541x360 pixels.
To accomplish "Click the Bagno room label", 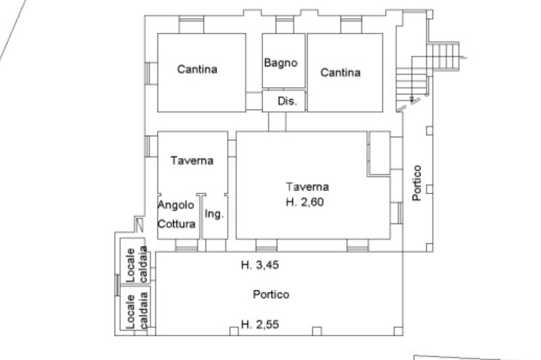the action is [x=281, y=63].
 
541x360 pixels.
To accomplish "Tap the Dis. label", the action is [x=287, y=101].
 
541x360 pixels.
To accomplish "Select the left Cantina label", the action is [x=197, y=69].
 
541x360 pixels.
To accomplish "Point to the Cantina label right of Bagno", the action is [x=340, y=72].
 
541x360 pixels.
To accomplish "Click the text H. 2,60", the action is [x=305, y=202].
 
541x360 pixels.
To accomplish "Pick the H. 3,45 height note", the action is [x=260, y=265].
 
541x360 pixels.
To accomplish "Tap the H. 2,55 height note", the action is [x=260, y=325].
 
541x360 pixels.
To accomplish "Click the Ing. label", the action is [x=214, y=214].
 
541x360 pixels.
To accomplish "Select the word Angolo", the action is [x=175, y=205].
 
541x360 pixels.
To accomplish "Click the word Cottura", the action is [x=176, y=224].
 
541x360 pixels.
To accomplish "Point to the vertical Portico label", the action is [x=417, y=183].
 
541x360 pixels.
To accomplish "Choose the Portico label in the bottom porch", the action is [x=271, y=295].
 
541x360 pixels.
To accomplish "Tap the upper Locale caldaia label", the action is [x=137, y=264].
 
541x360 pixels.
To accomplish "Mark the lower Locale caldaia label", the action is [x=137, y=310].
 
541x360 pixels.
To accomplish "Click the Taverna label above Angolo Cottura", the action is [x=192, y=160].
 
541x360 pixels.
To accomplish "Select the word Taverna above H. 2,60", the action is [x=307, y=186].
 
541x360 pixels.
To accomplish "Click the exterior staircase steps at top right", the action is [x=443, y=56].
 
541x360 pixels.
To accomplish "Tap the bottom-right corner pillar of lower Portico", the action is [x=398, y=331].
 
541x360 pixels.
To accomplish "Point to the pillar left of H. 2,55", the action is [x=234, y=331].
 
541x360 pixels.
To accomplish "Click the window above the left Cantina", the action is [x=191, y=24].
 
